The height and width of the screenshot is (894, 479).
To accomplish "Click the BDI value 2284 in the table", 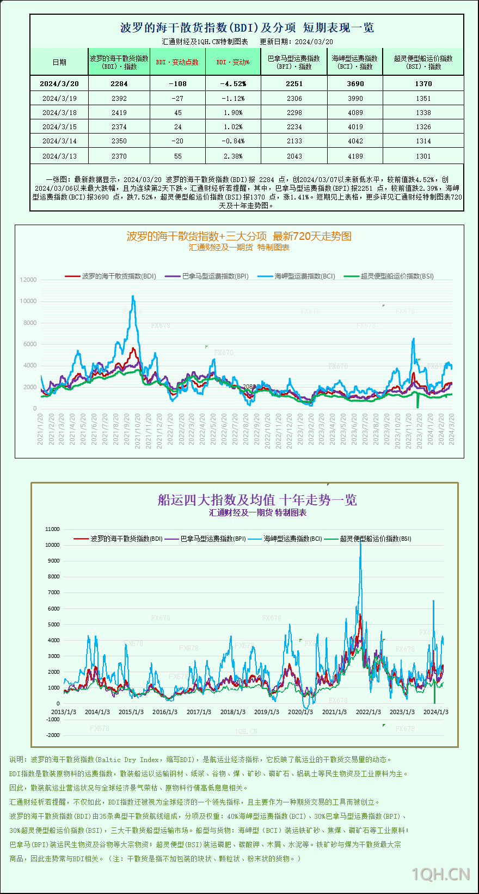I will [x=119, y=83].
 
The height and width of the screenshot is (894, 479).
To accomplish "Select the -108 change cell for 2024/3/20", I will [x=177, y=83].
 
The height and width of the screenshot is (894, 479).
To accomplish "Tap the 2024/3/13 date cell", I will [x=59, y=156].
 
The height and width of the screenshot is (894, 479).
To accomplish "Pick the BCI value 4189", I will [x=355, y=156].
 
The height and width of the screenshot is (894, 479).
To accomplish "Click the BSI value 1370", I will [x=423, y=83].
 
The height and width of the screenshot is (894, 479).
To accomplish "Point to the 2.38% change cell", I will [x=234, y=156].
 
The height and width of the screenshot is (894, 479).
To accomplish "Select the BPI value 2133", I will [x=294, y=141].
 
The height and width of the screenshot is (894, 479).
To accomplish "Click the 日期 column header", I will [x=59, y=62].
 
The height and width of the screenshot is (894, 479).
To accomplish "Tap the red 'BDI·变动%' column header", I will [x=233, y=62].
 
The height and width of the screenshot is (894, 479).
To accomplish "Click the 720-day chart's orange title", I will [x=239, y=236].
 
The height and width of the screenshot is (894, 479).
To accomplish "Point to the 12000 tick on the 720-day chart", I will [x=28, y=280].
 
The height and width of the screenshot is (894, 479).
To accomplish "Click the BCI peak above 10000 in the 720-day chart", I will [x=133, y=297].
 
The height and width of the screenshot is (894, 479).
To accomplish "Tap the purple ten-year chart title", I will [x=257, y=500].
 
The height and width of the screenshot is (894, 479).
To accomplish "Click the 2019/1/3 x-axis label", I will [x=267, y=712].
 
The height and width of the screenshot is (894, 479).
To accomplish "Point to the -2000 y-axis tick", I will [x=53, y=735].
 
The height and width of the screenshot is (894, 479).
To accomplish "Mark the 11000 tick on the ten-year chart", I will [x=53, y=529].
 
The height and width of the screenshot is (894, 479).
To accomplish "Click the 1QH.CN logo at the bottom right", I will [x=441, y=874].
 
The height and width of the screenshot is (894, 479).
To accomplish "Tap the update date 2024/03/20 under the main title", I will [x=314, y=41].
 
